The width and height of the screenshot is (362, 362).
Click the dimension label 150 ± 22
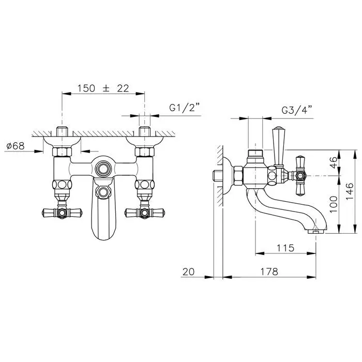point(103,88)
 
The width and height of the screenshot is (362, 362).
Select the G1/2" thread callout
point(185,108)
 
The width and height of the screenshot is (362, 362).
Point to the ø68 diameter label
point(16,146)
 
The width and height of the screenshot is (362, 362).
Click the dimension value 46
point(334,162)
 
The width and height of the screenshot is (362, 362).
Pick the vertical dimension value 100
point(334,205)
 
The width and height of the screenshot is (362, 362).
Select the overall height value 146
point(350,191)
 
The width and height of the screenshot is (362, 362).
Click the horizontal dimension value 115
point(285,248)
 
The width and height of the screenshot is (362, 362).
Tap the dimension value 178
point(269,271)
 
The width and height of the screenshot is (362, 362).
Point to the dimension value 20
point(189,271)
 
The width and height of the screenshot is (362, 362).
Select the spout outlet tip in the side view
point(315,231)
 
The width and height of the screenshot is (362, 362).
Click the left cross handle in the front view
point(62,212)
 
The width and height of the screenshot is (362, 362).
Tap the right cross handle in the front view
point(144,212)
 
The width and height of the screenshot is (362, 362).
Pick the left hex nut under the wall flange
point(62,152)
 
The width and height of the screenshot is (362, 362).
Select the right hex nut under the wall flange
point(144,152)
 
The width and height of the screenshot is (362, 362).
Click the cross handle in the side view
point(300,176)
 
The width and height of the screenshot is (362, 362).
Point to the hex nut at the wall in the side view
point(238,176)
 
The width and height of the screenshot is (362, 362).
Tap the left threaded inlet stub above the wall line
point(62,131)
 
